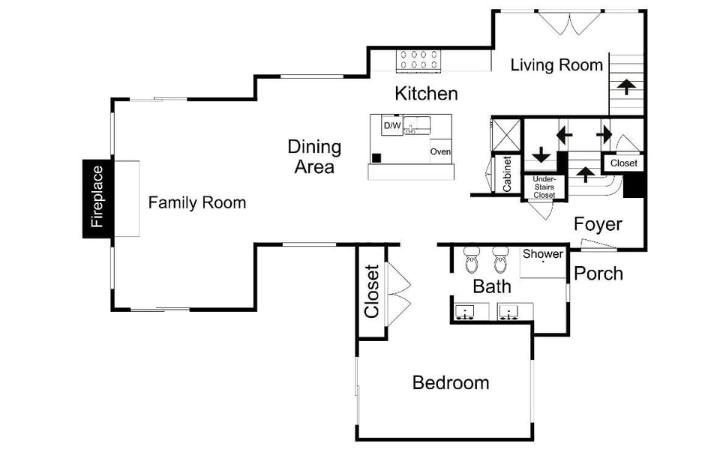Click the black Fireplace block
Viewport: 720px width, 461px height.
click(97, 199)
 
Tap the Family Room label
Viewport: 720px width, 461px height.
click(196, 202)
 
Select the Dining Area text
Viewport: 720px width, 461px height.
click(314, 157)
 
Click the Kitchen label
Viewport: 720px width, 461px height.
click(426, 94)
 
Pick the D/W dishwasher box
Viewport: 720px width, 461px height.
click(391, 126)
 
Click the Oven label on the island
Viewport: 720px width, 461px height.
click(440, 152)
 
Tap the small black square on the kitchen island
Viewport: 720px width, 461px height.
click(376, 157)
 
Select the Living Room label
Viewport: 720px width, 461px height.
click(556, 65)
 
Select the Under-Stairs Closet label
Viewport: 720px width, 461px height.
click(544, 187)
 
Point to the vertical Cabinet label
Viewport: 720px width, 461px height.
click(507, 174)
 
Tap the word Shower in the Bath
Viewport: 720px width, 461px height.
click(543, 254)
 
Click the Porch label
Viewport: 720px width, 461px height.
click(598, 274)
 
